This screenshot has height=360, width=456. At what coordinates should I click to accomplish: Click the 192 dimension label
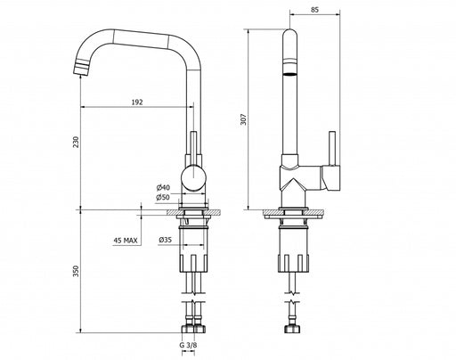pos(137,102)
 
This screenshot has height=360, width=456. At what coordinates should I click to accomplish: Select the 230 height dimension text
pos(77,142)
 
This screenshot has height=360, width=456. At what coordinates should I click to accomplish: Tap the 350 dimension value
pos(77,271)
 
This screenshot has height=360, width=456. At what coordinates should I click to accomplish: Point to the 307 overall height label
pos(243,119)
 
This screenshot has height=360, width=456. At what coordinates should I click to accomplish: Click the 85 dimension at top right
pos(314,10)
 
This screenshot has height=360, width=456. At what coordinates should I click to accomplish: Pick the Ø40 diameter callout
pos(164,187)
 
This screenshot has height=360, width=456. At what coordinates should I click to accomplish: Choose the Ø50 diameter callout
pos(163,197)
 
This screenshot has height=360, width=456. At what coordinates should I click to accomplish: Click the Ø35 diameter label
pos(165,240)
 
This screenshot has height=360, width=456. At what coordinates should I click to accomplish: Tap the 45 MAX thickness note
pos(126,241)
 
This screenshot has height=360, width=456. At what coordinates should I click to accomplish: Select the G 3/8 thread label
pos(188,345)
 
